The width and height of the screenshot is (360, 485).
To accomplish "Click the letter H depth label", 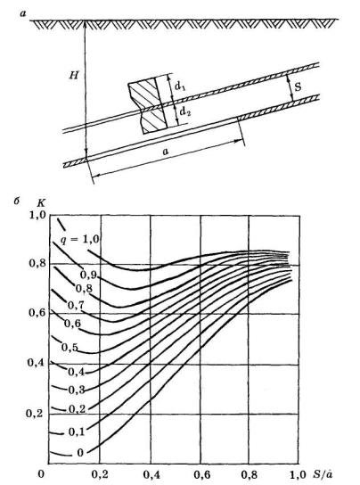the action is click(x=74, y=75).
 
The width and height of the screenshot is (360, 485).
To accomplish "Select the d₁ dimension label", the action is click(x=180, y=86).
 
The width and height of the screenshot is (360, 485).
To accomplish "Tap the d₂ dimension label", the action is click(x=185, y=111).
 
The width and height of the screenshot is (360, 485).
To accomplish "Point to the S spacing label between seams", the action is click(x=299, y=86).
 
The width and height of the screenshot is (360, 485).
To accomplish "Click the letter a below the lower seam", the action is click(x=166, y=152).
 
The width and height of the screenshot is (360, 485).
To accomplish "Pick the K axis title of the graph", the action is click(x=41, y=203).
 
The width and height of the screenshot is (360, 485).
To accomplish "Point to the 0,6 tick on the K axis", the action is click(x=37, y=313).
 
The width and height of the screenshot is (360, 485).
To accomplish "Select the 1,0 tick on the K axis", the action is click(x=37, y=215).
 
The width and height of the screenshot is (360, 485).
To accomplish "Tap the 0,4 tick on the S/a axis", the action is click(x=151, y=475).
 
